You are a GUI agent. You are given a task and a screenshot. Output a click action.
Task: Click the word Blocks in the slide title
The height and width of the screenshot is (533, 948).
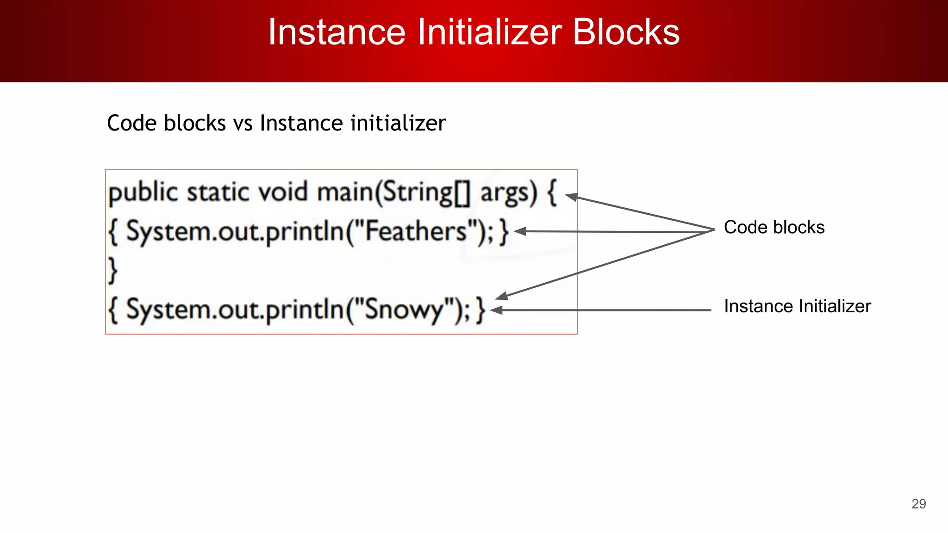click(x=626, y=32)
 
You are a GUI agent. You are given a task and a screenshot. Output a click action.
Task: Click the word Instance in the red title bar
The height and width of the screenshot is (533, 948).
click(x=337, y=32)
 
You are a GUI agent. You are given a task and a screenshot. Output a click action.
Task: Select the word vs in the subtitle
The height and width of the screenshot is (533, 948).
click(x=243, y=124)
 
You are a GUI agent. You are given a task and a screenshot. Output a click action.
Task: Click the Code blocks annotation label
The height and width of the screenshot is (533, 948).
click(x=774, y=228)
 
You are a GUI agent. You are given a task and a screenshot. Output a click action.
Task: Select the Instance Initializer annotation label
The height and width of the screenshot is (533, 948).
click(x=797, y=306)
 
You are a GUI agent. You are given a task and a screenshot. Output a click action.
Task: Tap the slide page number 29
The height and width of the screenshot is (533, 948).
click(x=918, y=504)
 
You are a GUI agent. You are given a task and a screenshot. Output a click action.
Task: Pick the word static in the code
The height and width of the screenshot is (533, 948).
click(x=217, y=192)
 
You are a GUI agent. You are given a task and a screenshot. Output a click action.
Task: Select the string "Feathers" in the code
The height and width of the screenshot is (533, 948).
click(x=415, y=231)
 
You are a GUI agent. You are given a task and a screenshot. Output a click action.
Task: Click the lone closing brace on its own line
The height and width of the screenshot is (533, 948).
click(x=112, y=270)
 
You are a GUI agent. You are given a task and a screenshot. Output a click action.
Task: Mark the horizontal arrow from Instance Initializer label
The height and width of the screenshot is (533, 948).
click(x=602, y=310)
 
